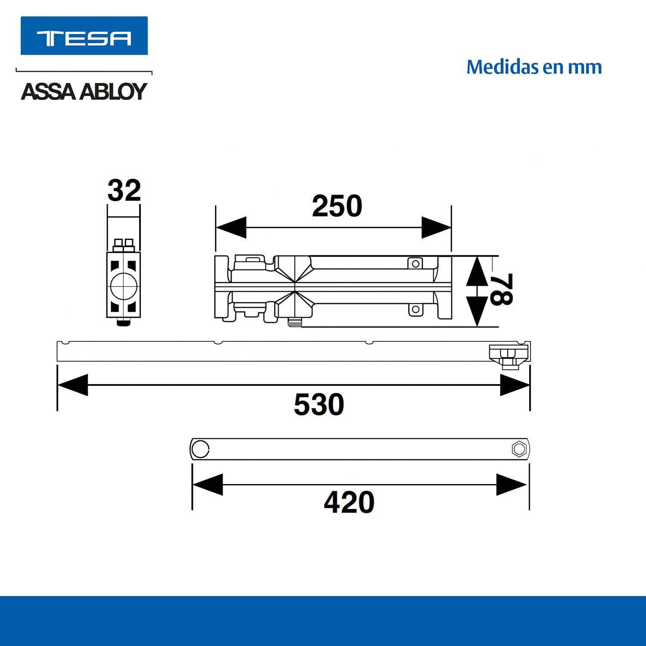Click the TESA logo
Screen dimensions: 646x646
[x=84, y=36]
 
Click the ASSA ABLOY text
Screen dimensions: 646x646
[x=84, y=91]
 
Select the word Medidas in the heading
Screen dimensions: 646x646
[x=502, y=67]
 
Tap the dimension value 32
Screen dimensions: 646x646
[x=124, y=190]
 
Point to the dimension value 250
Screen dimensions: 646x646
[x=337, y=206]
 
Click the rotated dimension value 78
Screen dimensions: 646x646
[x=501, y=289]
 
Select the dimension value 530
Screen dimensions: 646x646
[x=319, y=404]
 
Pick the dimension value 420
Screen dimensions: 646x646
[x=349, y=502]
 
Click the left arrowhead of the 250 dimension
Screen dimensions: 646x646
[x=231, y=227]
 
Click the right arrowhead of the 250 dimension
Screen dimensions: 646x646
[x=436, y=227]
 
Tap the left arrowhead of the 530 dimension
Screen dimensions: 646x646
[x=73, y=385]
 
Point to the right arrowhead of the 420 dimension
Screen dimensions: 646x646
[x=512, y=485]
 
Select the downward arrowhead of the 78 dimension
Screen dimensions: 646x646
[x=477, y=311]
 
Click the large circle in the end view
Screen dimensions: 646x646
[x=124, y=286]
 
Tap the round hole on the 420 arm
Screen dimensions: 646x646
[x=200, y=449]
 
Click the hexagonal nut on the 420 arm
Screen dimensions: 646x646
[x=519, y=449]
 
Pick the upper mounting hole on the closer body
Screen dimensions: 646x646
[x=416, y=264]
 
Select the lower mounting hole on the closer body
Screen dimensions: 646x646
[x=416, y=309]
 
